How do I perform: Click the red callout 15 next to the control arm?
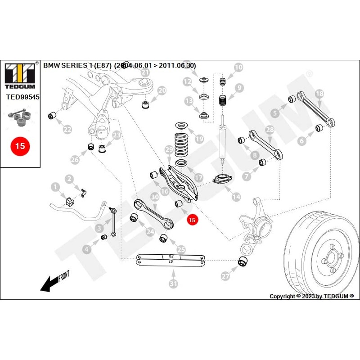coord(192,220)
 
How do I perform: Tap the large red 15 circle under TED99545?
coord(20,146)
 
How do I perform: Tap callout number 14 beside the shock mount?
coord(235,197)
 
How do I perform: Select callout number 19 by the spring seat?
coord(198,139)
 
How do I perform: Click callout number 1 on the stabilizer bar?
coord(55,186)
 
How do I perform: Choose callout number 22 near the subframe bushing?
coord(67,130)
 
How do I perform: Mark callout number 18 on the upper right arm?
coord(319,94)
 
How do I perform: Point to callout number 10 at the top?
coord(238,67)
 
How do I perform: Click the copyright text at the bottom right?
coord(311,296)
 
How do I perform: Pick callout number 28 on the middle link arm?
coord(270,130)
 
